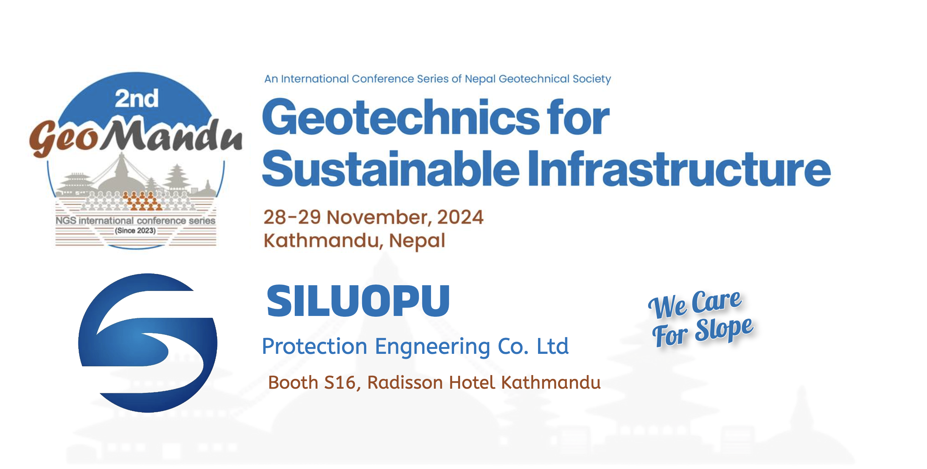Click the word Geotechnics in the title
[x=401, y=117]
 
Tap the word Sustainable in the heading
[x=391, y=169]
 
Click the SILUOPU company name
[x=358, y=301]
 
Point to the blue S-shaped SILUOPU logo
[x=148, y=343]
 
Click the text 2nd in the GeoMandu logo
[x=137, y=98]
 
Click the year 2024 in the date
[x=460, y=217]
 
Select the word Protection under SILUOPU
[x=314, y=346]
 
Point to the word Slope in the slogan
[x=724, y=328]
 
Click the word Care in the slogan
[x=716, y=301]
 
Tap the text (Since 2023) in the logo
[x=135, y=231]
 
